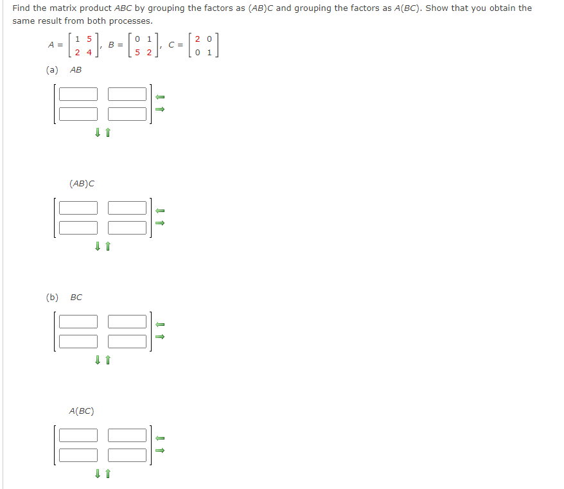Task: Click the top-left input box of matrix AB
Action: (x=78, y=94)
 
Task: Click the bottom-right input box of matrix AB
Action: (x=127, y=114)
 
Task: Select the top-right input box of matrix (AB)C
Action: (x=127, y=208)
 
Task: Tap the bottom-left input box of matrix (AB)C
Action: (x=78, y=227)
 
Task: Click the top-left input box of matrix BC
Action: (x=78, y=321)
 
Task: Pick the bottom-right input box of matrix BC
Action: (x=127, y=341)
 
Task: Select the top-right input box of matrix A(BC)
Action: (x=127, y=435)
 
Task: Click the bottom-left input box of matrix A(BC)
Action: (x=78, y=454)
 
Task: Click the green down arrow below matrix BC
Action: (x=97, y=360)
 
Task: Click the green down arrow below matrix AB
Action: (x=97, y=133)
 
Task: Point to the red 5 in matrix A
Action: (x=89, y=39)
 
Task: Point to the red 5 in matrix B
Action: (x=137, y=52)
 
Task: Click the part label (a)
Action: (x=52, y=70)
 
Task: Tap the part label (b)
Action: (x=52, y=297)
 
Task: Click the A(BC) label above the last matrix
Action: (x=82, y=411)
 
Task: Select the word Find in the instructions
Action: (x=21, y=8)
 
